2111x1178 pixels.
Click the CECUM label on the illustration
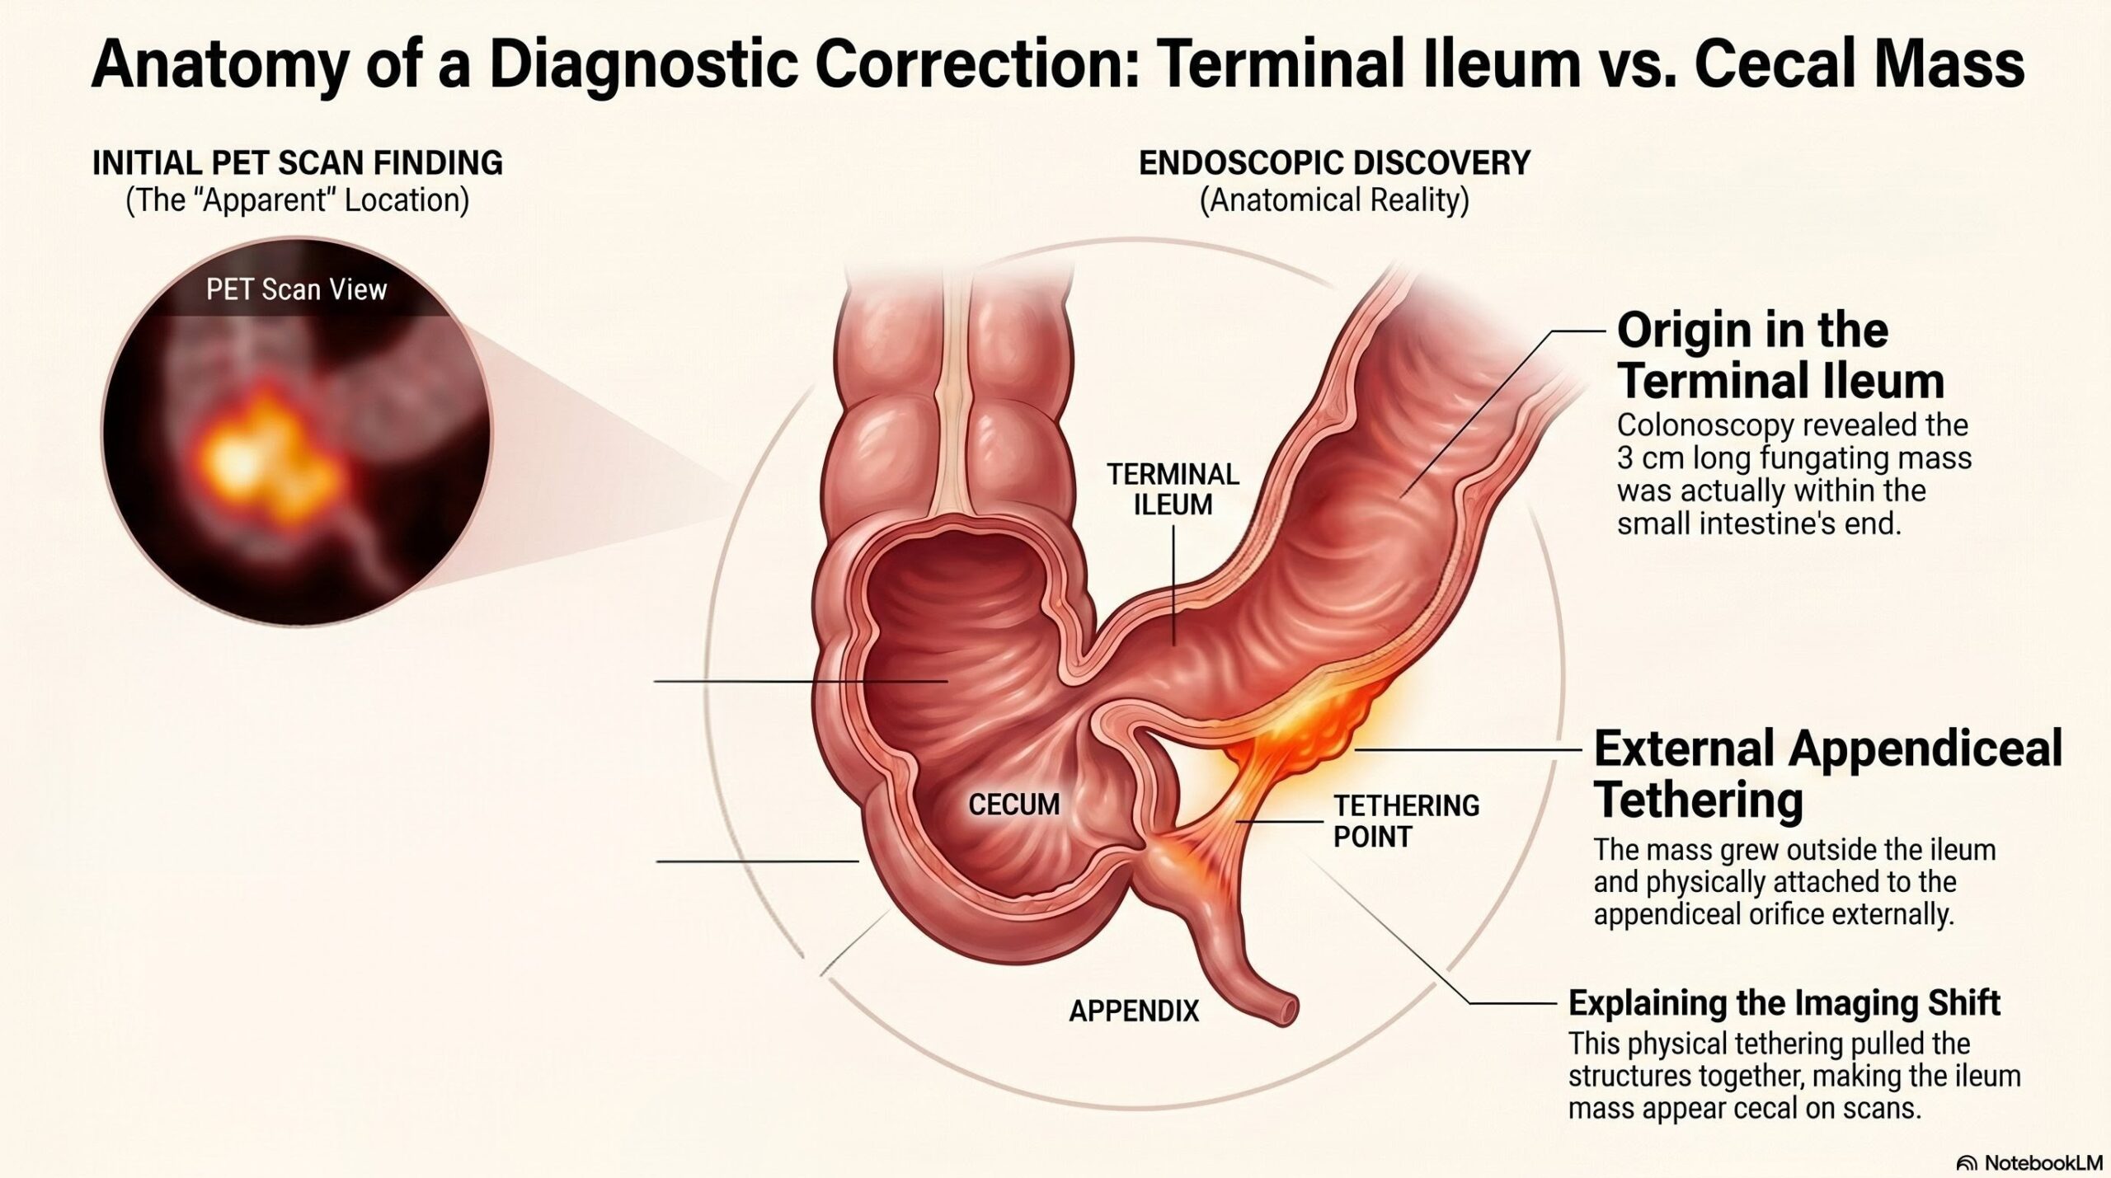(x=1013, y=804)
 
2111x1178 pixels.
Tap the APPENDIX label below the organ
(x=1134, y=1011)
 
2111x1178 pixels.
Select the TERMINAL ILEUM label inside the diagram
(x=1173, y=489)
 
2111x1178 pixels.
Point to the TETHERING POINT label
(x=1407, y=821)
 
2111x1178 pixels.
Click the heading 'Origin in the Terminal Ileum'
(x=1780, y=355)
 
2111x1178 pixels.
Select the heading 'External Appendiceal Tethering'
(x=1827, y=774)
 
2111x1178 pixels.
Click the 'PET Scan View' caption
(x=297, y=289)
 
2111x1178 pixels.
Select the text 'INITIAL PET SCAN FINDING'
(x=298, y=162)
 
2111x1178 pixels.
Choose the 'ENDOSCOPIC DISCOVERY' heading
(x=1334, y=162)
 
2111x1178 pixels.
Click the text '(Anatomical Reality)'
(x=1334, y=200)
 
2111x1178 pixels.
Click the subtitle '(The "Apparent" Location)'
(x=298, y=200)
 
